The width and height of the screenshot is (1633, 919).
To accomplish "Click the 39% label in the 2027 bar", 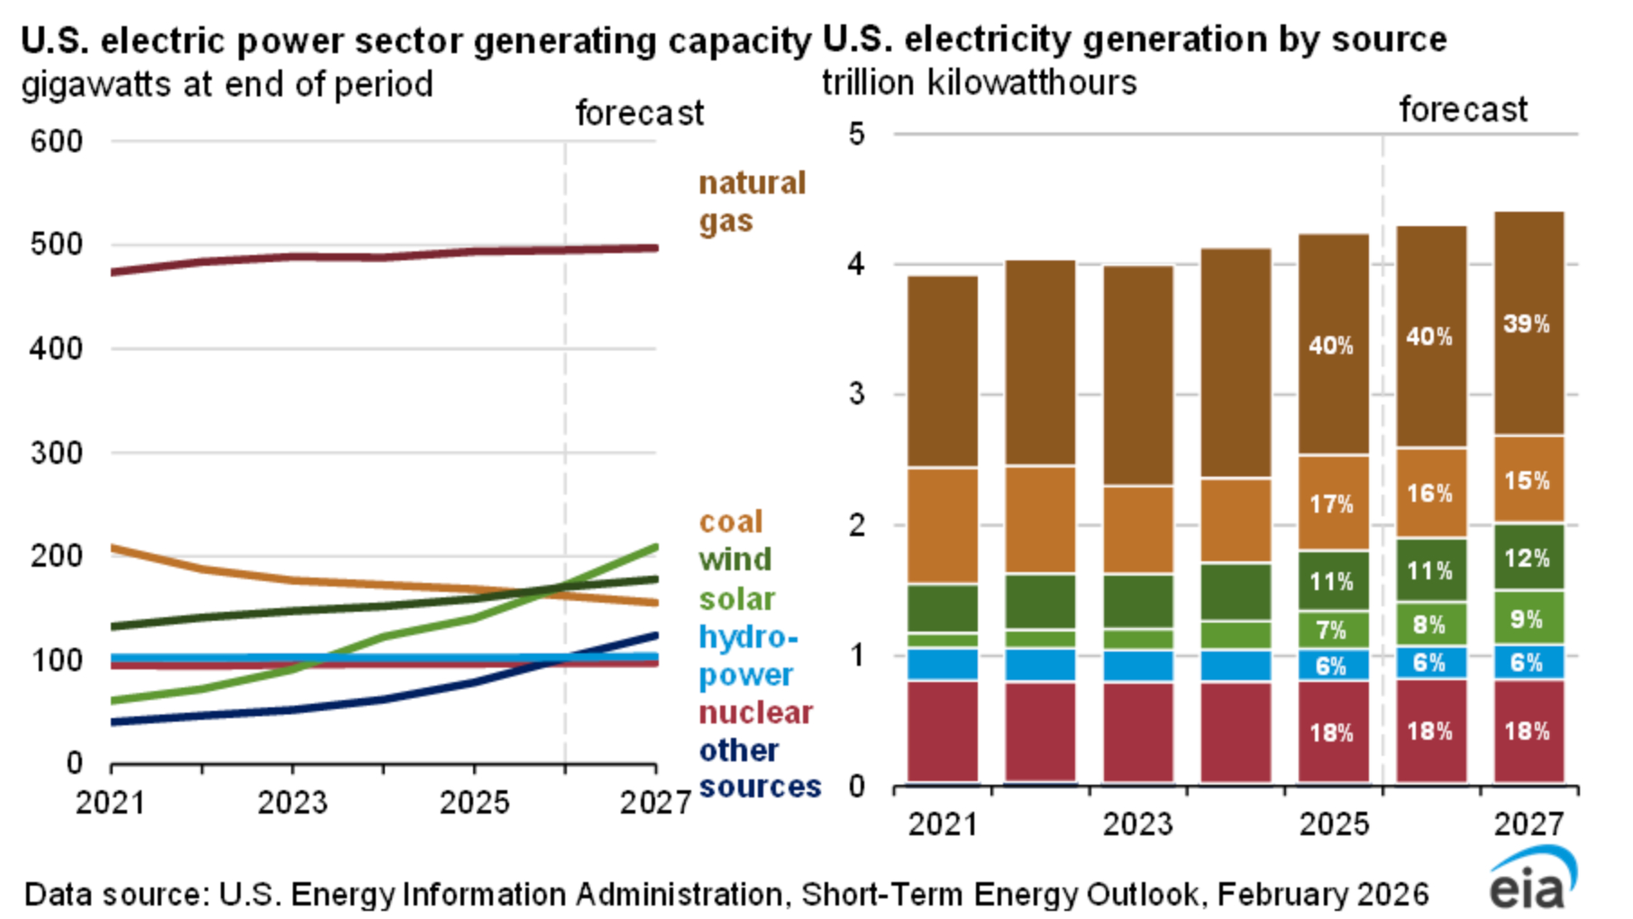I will pyautogui.click(x=1527, y=324).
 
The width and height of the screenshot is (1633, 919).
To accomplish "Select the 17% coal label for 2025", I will pyautogui.click(x=1332, y=504).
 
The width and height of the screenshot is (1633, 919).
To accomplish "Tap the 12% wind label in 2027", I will pyautogui.click(x=1527, y=559).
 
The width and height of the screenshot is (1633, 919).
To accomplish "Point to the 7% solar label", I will pyautogui.click(x=1332, y=630).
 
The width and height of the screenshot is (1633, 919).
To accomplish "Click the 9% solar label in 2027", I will pyautogui.click(x=1527, y=620).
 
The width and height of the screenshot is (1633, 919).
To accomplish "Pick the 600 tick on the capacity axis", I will pyautogui.click(x=56, y=141).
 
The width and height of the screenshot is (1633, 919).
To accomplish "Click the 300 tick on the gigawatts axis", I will pyautogui.click(x=56, y=452).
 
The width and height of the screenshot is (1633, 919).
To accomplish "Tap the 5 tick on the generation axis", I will pyautogui.click(x=856, y=134).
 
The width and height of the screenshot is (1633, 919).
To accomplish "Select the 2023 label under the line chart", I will pyautogui.click(x=292, y=803).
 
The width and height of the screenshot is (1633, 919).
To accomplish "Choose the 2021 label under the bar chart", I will pyautogui.click(x=943, y=823).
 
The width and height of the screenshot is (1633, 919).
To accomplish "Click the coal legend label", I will pyautogui.click(x=731, y=522).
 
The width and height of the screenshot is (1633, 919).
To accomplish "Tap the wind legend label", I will pyautogui.click(x=735, y=560).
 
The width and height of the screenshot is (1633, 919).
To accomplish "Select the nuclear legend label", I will pyautogui.click(x=755, y=713).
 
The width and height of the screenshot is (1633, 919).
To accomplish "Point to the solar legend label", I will pyautogui.click(x=736, y=599).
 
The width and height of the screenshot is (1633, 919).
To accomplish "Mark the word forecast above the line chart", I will pyautogui.click(x=639, y=114).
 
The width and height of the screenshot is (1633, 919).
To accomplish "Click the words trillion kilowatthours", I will pyautogui.click(x=979, y=83).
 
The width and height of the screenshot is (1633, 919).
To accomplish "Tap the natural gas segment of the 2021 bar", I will pyautogui.click(x=943, y=371).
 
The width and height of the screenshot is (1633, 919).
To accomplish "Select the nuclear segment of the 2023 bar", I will pyautogui.click(x=1138, y=732).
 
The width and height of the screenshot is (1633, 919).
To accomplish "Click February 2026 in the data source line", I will pyautogui.click(x=1323, y=895).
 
